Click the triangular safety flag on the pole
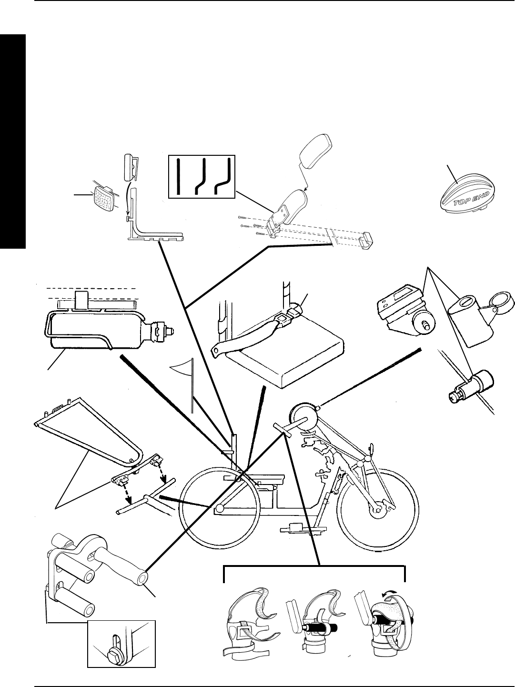[182, 371]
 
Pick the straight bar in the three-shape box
[178, 176]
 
